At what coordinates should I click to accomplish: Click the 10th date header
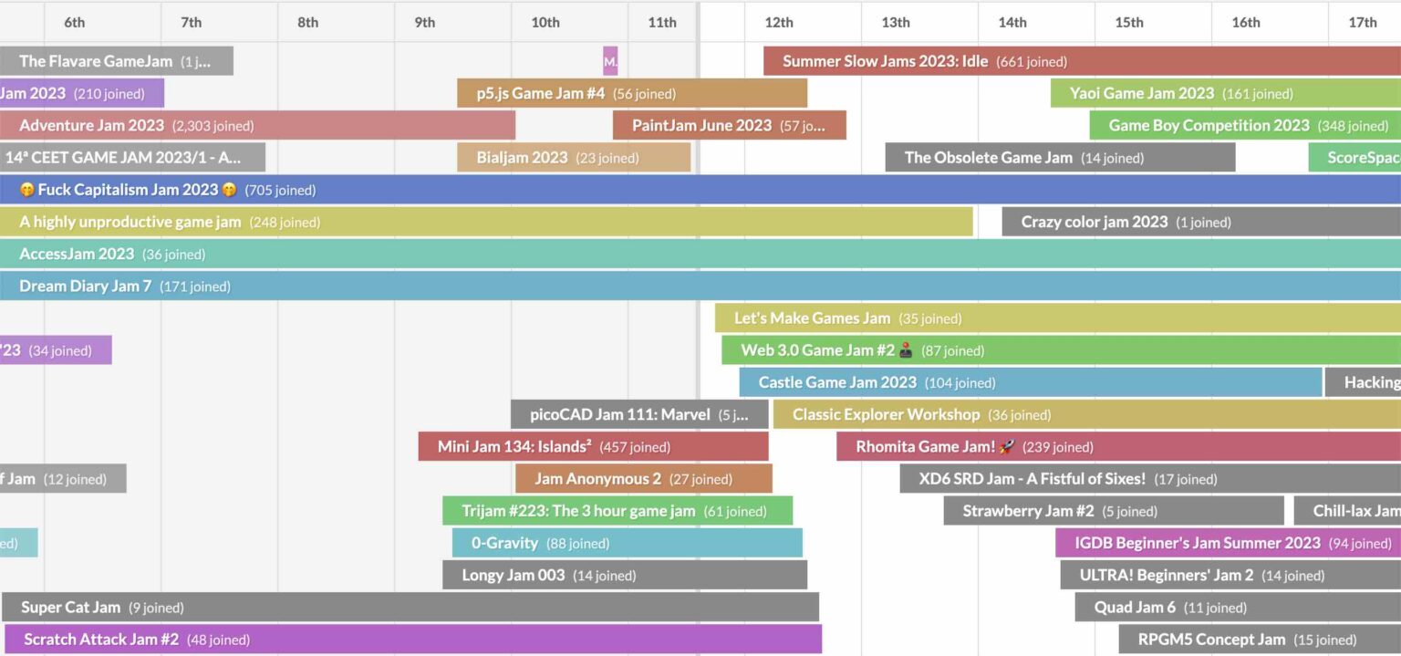click(x=545, y=23)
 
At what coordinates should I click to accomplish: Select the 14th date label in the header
click(x=1012, y=23)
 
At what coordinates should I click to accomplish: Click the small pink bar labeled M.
click(x=610, y=62)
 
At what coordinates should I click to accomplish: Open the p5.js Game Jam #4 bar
click(x=631, y=94)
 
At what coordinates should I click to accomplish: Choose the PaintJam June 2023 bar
click(x=729, y=126)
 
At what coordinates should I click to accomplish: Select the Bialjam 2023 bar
click(x=574, y=158)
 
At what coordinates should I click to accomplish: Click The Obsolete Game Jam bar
click(x=1060, y=158)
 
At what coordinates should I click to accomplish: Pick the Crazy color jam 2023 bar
click(x=1200, y=222)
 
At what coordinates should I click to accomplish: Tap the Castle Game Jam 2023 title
click(x=837, y=382)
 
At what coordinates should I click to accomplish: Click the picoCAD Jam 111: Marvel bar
click(x=638, y=415)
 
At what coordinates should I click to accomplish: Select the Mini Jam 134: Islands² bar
click(x=593, y=447)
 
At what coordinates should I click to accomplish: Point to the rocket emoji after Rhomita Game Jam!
click(x=1007, y=447)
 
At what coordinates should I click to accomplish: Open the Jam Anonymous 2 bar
click(x=643, y=479)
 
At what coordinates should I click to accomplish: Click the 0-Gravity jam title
click(x=504, y=543)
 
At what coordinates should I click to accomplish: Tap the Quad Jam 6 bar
click(x=1237, y=608)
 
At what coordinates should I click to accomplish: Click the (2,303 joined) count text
click(x=213, y=126)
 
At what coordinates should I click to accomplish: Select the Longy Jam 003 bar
click(x=625, y=575)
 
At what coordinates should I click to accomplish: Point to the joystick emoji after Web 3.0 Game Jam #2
click(x=906, y=350)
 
